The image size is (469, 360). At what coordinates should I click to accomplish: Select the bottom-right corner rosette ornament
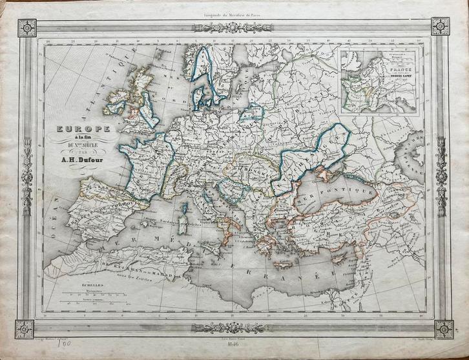(443, 329)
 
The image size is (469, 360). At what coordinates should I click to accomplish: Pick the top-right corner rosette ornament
(440, 26)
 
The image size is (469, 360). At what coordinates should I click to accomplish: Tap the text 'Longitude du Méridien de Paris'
(234, 6)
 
